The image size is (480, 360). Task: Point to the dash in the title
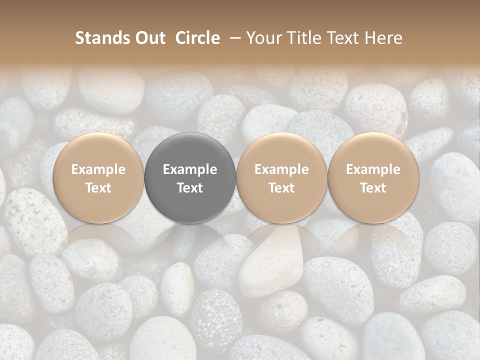(x=233, y=38)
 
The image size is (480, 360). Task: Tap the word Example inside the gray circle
(x=190, y=169)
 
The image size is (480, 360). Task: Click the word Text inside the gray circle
(x=190, y=188)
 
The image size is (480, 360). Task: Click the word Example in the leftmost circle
(x=98, y=169)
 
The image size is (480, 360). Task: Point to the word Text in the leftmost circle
(x=98, y=188)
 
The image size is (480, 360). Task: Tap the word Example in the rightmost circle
(x=373, y=169)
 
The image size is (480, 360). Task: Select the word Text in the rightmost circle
(x=373, y=188)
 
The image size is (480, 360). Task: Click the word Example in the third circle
(x=281, y=169)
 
